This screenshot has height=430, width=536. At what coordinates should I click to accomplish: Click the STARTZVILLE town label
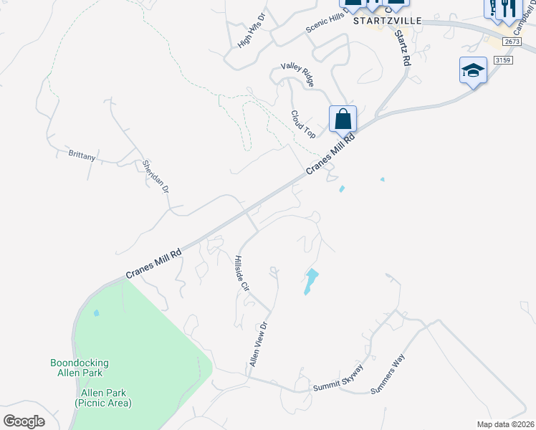tap(387, 20)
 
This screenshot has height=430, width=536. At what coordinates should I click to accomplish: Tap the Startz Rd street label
tap(403, 48)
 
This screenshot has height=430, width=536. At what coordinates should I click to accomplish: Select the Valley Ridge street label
tap(297, 75)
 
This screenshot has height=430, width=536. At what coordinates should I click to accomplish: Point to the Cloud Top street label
tap(303, 124)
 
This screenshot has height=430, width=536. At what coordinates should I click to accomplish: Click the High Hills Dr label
tap(252, 31)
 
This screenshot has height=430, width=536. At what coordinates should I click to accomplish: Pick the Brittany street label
tap(82, 155)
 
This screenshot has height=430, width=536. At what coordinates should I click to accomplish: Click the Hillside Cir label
tap(241, 273)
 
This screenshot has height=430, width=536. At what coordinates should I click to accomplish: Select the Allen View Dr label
tap(258, 344)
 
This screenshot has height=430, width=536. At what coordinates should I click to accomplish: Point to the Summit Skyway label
tap(338, 378)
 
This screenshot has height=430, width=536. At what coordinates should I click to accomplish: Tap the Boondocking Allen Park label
tap(77, 368)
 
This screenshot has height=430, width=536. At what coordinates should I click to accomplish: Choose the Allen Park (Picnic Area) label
tap(103, 398)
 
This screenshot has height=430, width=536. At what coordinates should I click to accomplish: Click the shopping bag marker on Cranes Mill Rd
tap(343, 118)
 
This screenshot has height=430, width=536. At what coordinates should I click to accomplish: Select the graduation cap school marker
tap(473, 70)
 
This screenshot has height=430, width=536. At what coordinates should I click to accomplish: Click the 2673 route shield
tap(512, 42)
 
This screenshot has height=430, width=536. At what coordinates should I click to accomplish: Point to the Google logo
tap(24, 421)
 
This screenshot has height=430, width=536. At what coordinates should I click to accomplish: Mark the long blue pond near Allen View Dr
tap(310, 281)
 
